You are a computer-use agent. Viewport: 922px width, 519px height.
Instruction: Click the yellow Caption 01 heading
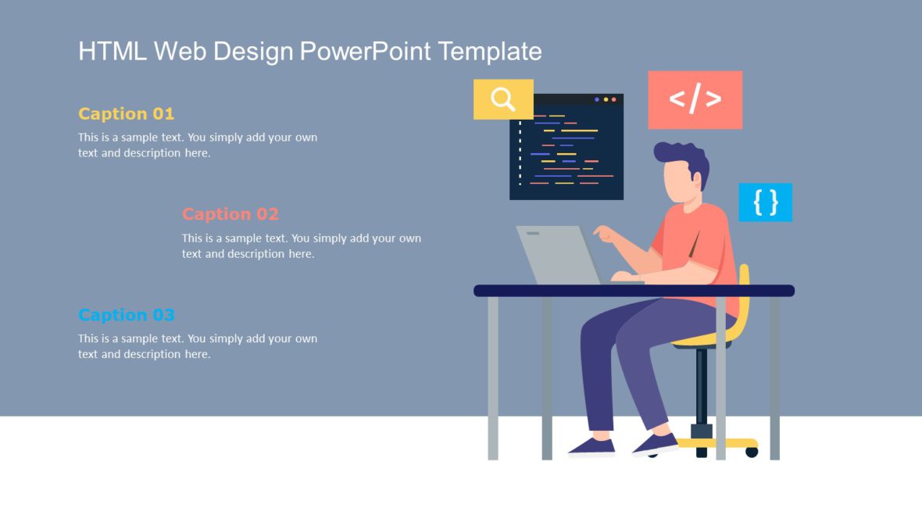(x=126, y=113)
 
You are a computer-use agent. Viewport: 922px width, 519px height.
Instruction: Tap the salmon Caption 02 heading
(x=230, y=214)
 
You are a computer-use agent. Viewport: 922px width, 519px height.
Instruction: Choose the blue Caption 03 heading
(x=126, y=315)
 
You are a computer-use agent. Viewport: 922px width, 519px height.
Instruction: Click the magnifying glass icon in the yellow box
(x=503, y=99)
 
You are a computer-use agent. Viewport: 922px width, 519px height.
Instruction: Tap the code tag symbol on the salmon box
(x=695, y=99)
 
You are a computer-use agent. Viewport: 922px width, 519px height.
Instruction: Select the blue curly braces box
(x=765, y=202)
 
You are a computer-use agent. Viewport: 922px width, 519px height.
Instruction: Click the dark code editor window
(x=566, y=149)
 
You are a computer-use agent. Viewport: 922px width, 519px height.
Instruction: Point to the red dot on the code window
(x=613, y=99)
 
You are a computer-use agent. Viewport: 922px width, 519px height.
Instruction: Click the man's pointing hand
(x=602, y=232)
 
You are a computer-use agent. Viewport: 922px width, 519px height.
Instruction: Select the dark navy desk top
(x=633, y=291)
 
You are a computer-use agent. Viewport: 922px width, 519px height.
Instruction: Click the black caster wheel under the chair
(x=752, y=451)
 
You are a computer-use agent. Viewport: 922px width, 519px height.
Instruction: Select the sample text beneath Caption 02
(x=301, y=245)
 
